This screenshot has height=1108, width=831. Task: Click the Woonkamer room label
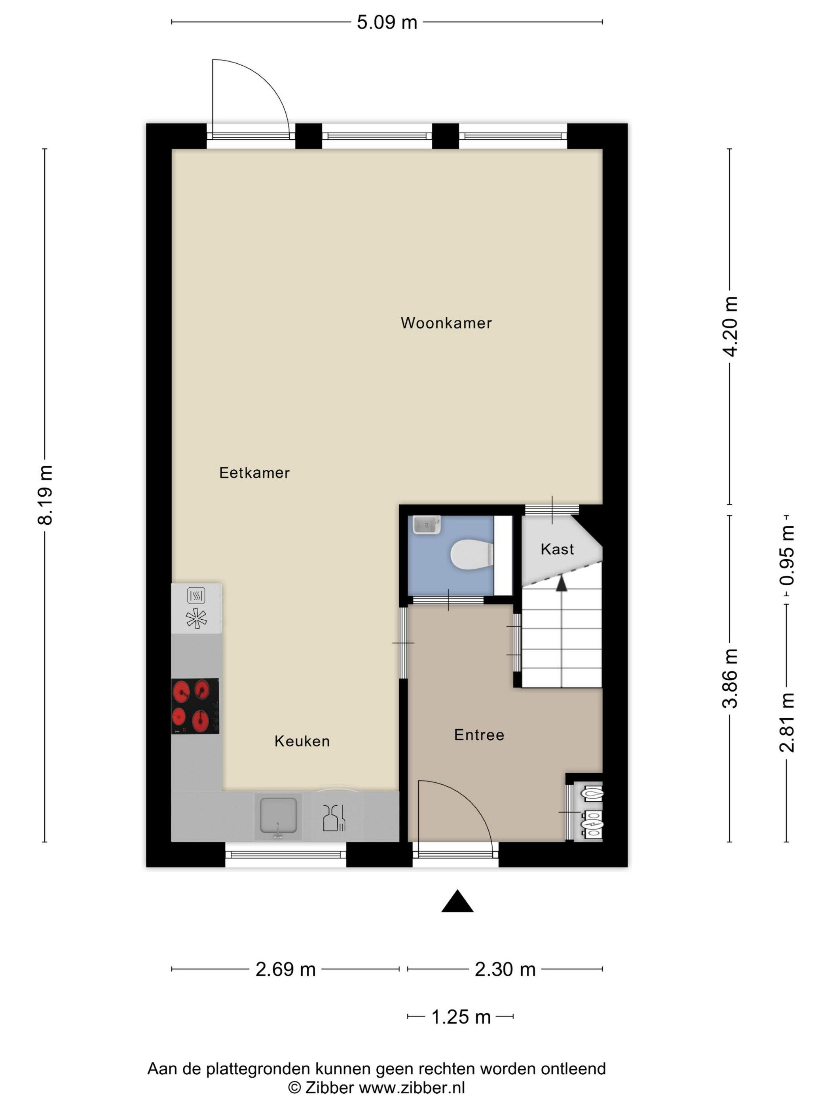(x=446, y=323)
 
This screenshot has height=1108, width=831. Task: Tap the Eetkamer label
(x=254, y=472)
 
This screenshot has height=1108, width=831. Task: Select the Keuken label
(x=302, y=741)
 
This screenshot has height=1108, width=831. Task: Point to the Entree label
(x=479, y=734)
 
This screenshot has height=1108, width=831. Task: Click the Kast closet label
(x=557, y=549)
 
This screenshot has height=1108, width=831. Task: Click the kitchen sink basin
(x=278, y=816)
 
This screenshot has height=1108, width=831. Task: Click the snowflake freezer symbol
(x=196, y=618)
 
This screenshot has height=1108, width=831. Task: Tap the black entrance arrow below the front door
(x=457, y=901)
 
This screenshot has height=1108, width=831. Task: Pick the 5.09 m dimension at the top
(x=387, y=23)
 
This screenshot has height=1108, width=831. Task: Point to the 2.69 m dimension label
(x=286, y=969)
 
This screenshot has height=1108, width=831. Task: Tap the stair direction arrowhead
(x=562, y=582)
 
